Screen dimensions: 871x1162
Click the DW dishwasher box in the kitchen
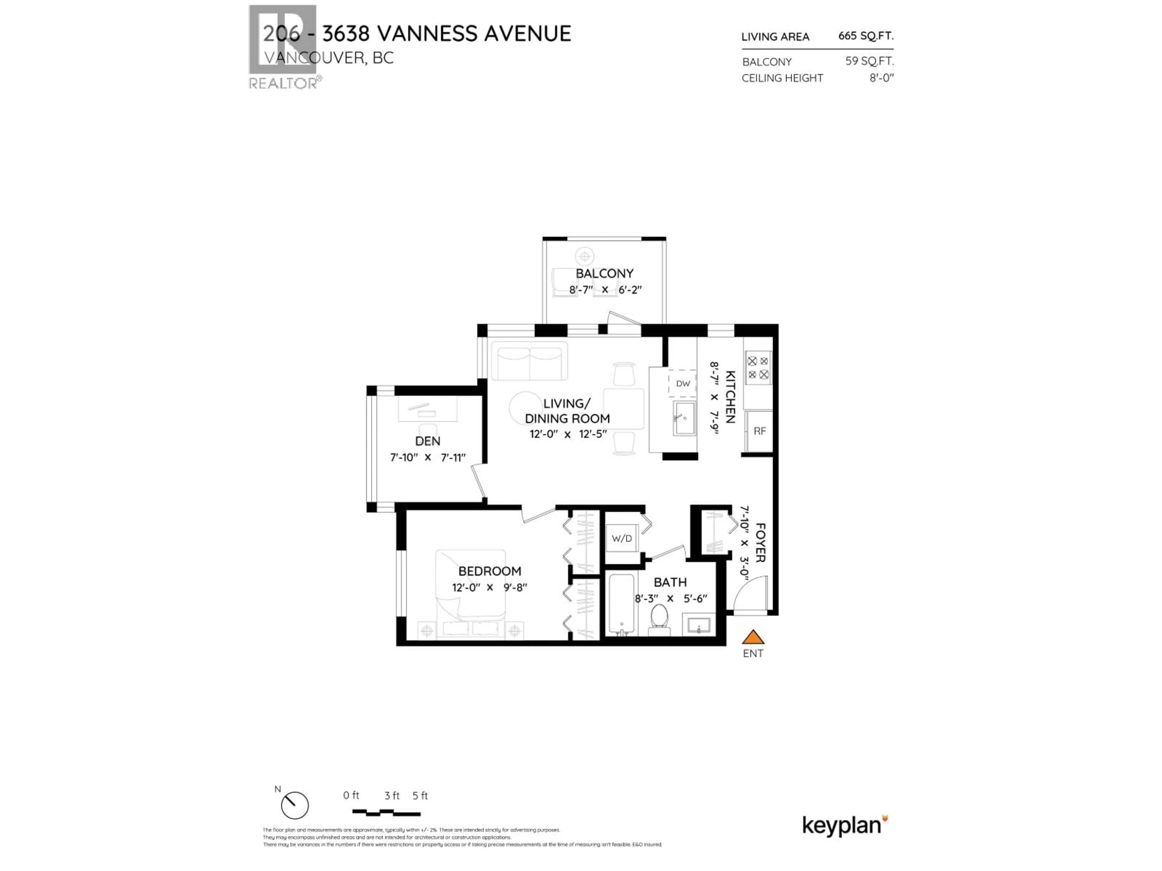pyautogui.click(x=682, y=383)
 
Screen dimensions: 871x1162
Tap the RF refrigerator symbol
pyautogui.click(x=759, y=431)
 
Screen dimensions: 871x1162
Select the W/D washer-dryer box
pyautogui.click(x=622, y=538)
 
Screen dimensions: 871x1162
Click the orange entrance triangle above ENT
pyautogui.click(x=753, y=637)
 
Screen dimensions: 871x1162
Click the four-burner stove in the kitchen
pyautogui.click(x=758, y=367)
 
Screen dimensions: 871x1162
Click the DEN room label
pyautogui.click(x=428, y=441)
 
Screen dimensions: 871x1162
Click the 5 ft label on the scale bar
pyautogui.click(x=420, y=795)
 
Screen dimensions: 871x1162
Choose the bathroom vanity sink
pyautogui.click(x=699, y=625)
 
